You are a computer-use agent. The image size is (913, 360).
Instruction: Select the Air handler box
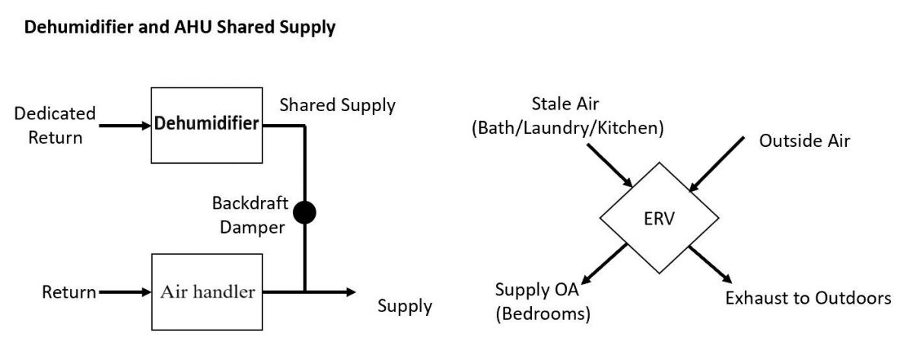click(206, 292)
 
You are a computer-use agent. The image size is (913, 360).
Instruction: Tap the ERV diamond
click(659, 220)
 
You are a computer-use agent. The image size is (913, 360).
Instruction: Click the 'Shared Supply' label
click(337, 105)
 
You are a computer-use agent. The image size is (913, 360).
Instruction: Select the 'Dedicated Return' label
click(55, 125)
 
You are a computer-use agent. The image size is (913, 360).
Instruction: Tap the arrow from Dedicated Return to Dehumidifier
click(122, 125)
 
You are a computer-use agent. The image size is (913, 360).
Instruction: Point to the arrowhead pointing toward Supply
click(349, 292)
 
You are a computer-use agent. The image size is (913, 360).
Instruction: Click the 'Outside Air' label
click(804, 141)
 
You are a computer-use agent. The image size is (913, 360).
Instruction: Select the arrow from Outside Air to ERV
click(717, 164)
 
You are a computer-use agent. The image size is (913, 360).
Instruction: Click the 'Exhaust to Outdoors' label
click(807, 298)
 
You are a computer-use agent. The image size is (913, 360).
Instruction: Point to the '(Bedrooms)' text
click(542, 312)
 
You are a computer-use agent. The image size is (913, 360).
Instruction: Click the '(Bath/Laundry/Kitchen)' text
click(568, 129)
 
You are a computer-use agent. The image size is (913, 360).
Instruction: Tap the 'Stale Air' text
click(566, 105)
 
